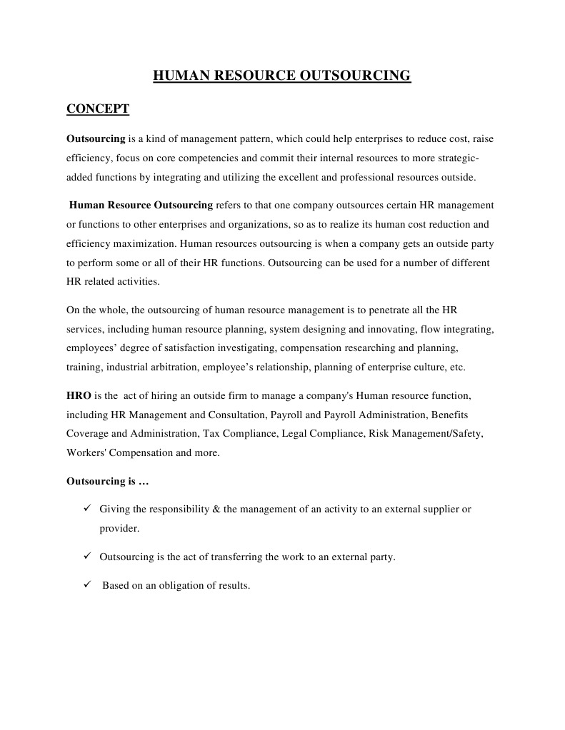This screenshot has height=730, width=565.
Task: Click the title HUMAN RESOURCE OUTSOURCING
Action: (282, 75)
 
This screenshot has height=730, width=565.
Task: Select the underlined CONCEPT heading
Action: (97, 109)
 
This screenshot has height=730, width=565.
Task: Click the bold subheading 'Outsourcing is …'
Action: (107, 481)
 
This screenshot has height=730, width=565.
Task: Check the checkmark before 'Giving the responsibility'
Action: (86, 509)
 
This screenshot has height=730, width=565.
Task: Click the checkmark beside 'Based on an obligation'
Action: (86, 585)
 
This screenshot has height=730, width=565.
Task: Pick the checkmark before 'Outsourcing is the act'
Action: (86, 557)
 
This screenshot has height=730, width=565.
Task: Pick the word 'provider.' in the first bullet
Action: (119, 529)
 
